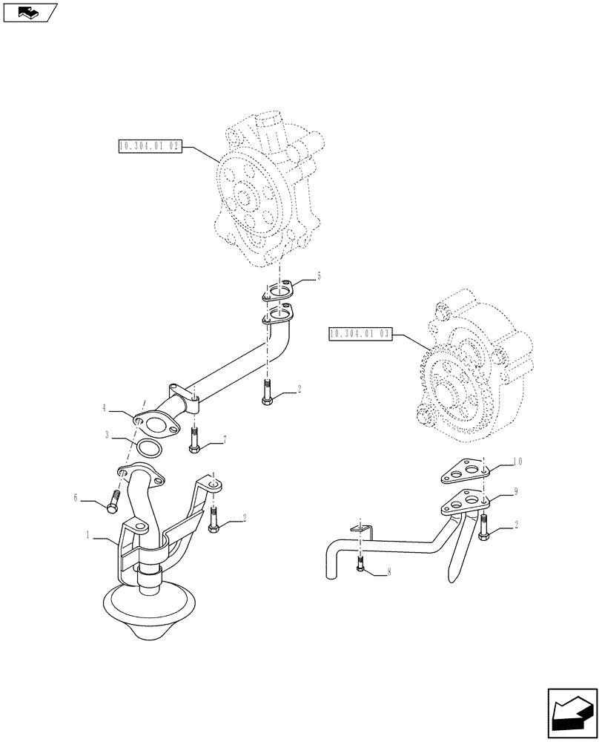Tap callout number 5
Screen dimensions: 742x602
(319, 276)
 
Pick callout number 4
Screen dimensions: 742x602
(106, 408)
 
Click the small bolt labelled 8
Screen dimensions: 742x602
(360, 567)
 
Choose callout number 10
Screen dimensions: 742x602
(517, 462)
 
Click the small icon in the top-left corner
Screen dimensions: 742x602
(29, 11)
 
